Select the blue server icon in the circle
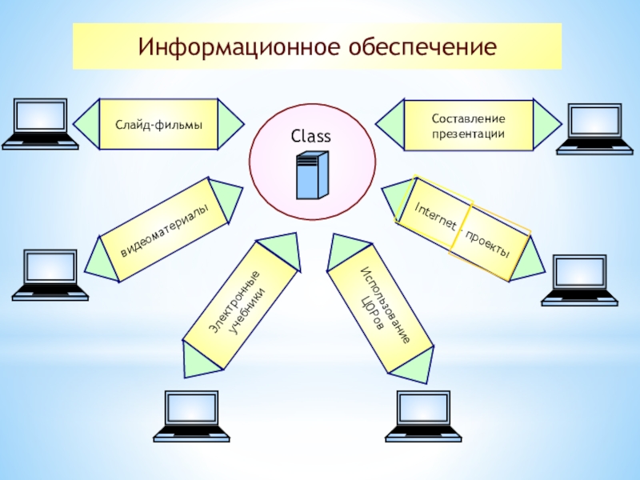coord(312,175)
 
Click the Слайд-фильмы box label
coord(158,125)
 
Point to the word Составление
coord(469,118)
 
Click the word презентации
coord(469,132)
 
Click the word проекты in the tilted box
coord(488,244)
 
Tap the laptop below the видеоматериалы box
coord(50,276)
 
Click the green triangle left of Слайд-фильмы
coord(86,125)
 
